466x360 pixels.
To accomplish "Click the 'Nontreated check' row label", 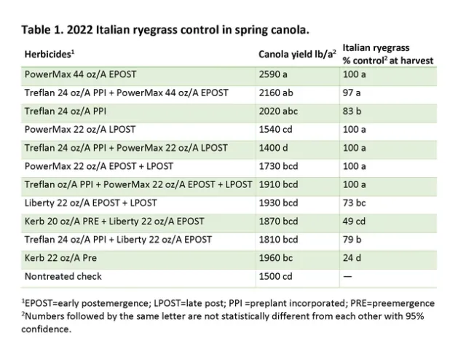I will click(x=63, y=275).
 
